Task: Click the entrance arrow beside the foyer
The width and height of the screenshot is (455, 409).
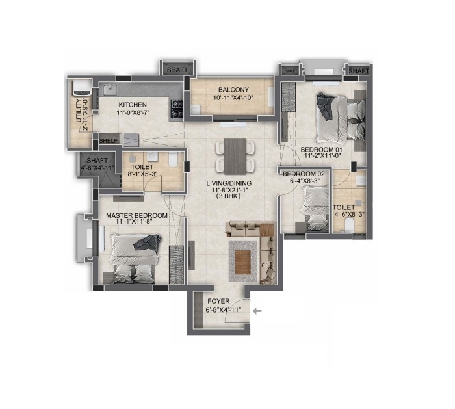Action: click(x=257, y=311)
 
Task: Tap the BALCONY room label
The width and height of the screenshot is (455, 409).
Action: click(x=233, y=90)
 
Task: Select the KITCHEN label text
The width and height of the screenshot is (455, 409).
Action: click(x=133, y=105)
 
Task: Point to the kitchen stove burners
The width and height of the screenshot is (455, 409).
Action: click(x=177, y=109)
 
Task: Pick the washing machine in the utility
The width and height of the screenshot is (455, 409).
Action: click(x=81, y=87)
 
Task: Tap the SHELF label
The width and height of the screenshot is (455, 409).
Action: click(x=109, y=141)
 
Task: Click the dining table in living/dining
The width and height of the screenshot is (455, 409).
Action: click(x=235, y=156)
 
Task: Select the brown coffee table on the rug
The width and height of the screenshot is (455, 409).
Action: click(x=243, y=262)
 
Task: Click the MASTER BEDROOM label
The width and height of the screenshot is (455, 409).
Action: click(x=136, y=216)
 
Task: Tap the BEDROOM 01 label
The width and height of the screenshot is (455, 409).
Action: click(x=322, y=150)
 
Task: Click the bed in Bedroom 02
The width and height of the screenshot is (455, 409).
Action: click(x=314, y=209)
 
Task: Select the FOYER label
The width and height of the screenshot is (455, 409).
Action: click(x=218, y=301)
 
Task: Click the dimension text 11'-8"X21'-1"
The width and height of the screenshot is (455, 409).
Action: click(x=229, y=190)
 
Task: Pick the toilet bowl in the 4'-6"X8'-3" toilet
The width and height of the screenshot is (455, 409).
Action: click(x=348, y=226)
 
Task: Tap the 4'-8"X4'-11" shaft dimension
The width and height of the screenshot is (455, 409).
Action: click(x=97, y=168)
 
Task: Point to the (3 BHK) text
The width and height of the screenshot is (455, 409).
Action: click(x=229, y=196)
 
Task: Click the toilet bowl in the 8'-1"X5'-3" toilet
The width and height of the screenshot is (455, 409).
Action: click(x=173, y=160)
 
